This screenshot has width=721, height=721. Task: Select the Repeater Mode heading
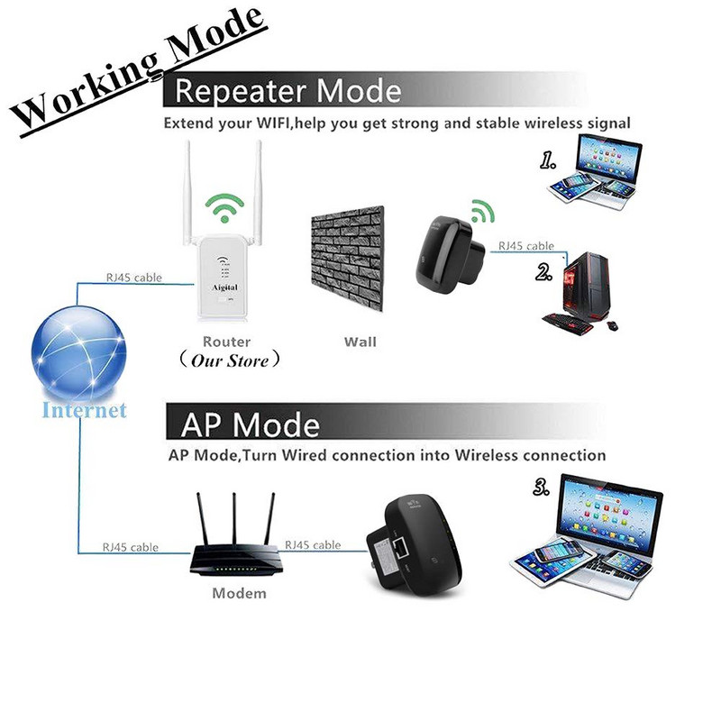[x=287, y=92]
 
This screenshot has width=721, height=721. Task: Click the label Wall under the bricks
[x=360, y=342]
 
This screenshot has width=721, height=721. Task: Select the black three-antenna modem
[x=234, y=545]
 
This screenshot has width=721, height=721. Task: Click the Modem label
[x=239, y=593]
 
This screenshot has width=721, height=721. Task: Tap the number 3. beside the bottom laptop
[x=543, y=488]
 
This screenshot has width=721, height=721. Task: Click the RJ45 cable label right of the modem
[x=313, y=544]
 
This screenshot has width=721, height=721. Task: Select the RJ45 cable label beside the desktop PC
[x=526, y=245]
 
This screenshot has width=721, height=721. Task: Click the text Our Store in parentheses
[x=226, y=360]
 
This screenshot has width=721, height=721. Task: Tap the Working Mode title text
[x=140, y=68]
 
